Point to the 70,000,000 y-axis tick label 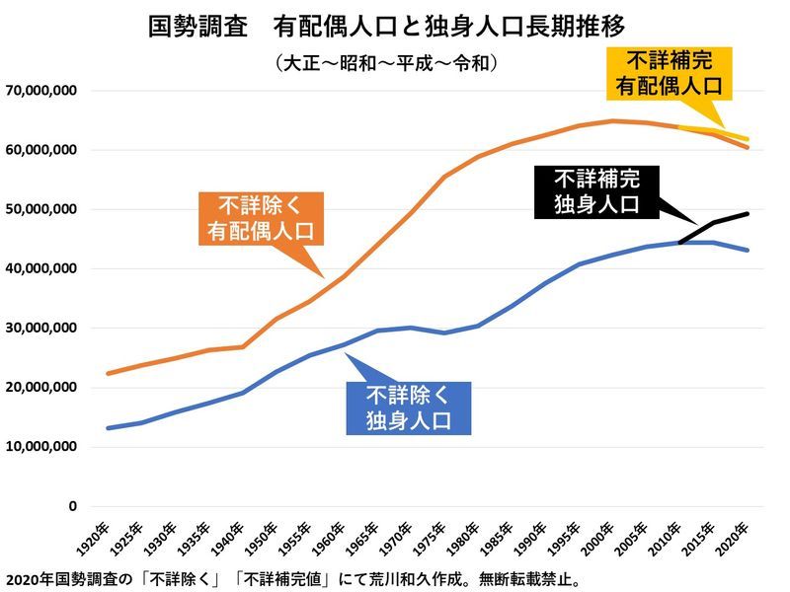(41, 91)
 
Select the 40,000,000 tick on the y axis (41, 268)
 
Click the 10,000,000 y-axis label (41, 446)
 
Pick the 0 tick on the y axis (72, 505)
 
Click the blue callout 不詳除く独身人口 (408, 408)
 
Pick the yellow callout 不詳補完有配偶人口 (669, 72)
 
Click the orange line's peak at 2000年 (613, 121)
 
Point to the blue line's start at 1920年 (107, 428)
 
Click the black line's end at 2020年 (748, 213)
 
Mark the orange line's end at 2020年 (748, 147)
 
